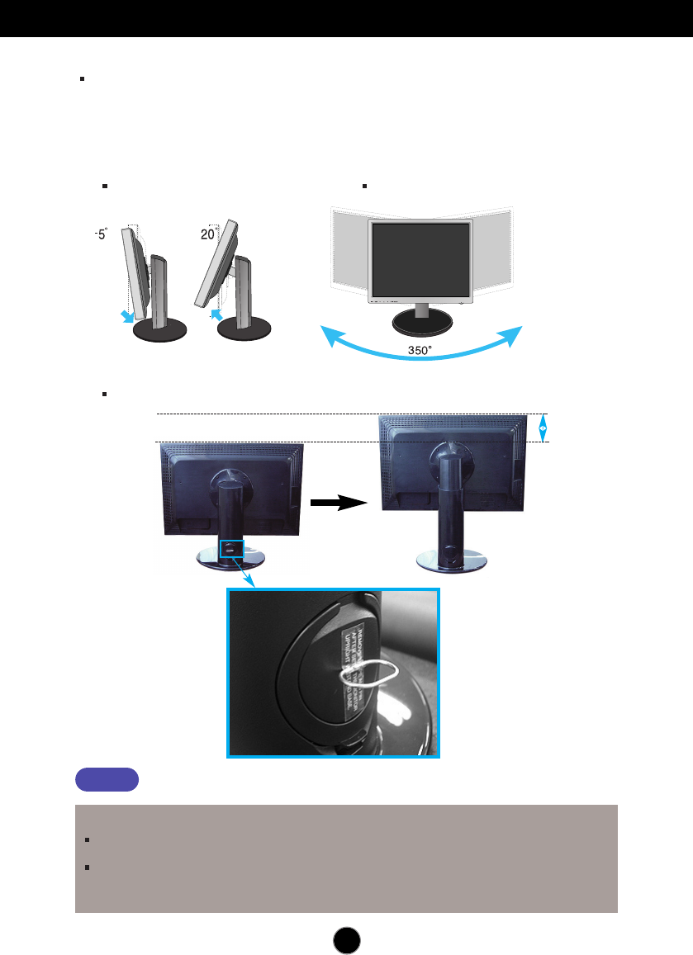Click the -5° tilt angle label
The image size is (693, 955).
pos(100,234)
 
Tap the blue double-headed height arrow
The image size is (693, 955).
pos(542,428)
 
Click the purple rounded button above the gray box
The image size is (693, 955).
pos(107,779)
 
